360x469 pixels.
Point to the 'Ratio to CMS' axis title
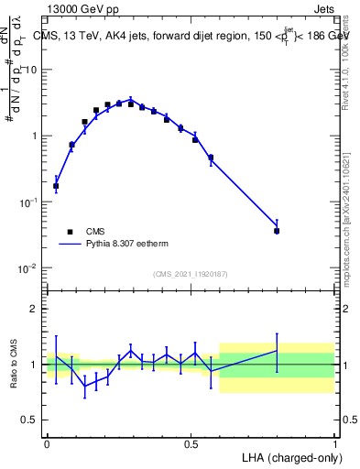[12, 364]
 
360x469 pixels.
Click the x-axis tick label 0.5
[191, 443]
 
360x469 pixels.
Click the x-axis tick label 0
[47, 443]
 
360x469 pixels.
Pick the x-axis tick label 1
[335, 443]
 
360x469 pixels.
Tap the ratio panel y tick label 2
[34, 309]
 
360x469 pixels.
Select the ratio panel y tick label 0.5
[29, 420]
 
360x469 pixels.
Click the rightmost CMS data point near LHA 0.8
[277, 231]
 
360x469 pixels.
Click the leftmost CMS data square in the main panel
[56, 186]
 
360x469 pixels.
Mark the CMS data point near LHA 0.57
[211, 158]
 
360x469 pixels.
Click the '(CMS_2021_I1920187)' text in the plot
[191, 274]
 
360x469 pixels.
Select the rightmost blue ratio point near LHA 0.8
[277, 351]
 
